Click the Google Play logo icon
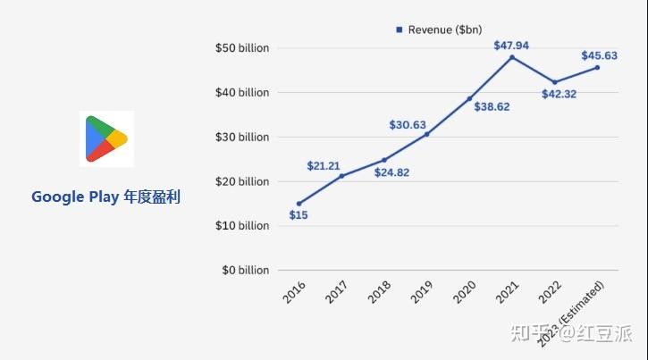tap(106, 138)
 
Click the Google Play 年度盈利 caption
tap(105, 197)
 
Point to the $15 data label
tap(299, 215)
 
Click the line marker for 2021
tap(511, 57)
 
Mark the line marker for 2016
tap(299, 204)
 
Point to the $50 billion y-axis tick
tap(242, 48)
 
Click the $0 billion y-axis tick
tap(245, 270)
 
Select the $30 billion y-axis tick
tap(242, 137)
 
